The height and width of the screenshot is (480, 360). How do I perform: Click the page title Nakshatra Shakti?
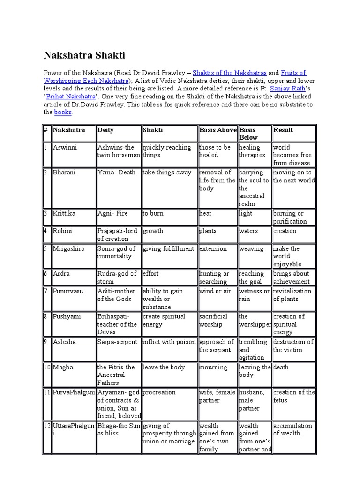click(84, 56)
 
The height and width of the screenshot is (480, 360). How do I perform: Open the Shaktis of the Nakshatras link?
click(230, 73)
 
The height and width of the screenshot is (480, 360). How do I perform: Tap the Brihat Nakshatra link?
click(73, 97)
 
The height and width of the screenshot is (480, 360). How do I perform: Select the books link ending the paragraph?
click(63, 112)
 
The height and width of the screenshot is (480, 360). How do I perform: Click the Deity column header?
click(105, 130)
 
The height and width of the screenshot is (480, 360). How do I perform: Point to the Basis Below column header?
click(248, 134)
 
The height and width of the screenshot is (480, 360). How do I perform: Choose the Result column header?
click(283, 130)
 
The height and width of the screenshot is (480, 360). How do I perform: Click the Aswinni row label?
click(65, 147)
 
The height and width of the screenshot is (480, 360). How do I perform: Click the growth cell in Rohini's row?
click(153, 231)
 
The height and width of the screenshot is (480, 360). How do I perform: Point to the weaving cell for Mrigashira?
click(251, 248)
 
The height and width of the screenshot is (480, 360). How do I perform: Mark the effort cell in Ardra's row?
click(151, 274)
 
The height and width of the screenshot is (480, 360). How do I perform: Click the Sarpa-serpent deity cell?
click(117, 342)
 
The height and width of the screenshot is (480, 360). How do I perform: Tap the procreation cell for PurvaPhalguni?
click(159, 392)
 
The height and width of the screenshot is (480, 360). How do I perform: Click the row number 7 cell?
click(45, 291)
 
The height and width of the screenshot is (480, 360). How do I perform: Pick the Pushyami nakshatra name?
click(67, 316)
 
